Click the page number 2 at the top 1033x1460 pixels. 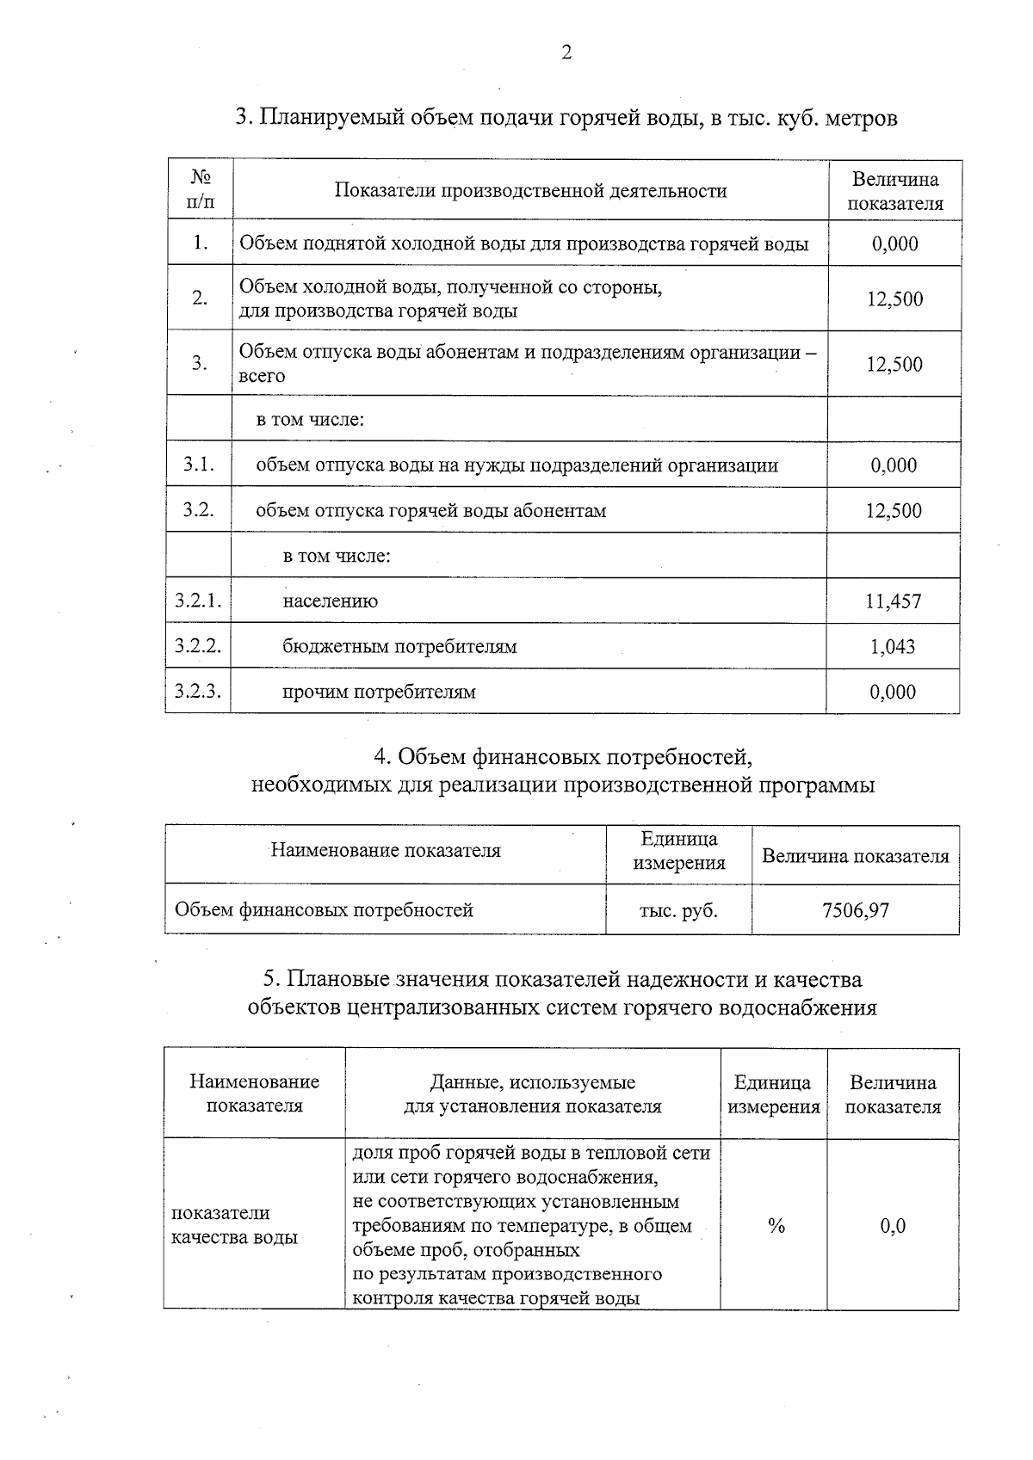point(566,53)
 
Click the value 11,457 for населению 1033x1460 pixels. point(893,601)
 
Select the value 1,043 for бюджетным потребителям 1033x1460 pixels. point(893,647)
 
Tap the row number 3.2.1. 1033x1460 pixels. point(198,601)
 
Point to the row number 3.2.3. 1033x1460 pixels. point(198,691)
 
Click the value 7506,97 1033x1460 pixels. point(855,910)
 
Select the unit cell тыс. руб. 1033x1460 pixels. point(677,910)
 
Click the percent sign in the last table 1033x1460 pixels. point(776,1226)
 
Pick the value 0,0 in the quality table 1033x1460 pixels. point(893,1226)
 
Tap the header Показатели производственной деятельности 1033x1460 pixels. point(530,191)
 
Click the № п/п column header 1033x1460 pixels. point(200,190)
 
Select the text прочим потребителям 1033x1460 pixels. point(379,692)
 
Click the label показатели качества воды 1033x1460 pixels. point(234,1225)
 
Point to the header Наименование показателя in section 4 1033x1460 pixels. point(386,851)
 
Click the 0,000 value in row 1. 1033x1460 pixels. point(894,243)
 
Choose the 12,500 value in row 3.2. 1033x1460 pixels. point(894,511)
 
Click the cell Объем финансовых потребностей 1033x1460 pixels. point(324,910)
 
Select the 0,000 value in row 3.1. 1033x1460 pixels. point(894,465)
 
